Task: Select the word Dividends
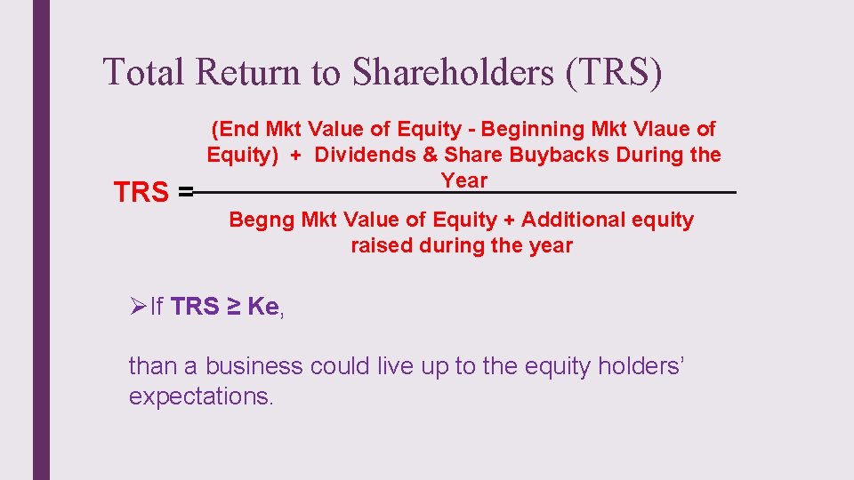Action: pos(365,156)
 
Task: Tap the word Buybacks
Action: pos(551,156)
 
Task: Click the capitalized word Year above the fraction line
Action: pos(464,180)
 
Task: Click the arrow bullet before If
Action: pos(137,307)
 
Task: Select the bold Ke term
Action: pos(262,307)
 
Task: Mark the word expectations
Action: pos(200,396)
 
